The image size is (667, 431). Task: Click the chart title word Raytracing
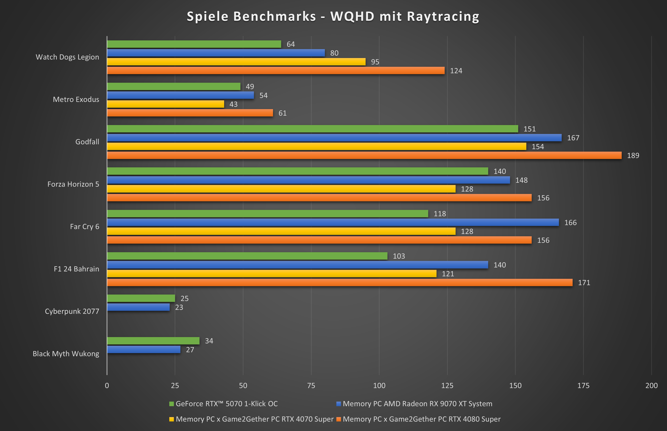tap(443, 16)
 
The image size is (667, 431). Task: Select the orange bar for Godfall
tap(364, 155)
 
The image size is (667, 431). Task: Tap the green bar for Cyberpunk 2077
tap(141, 298)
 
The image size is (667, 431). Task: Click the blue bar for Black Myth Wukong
tap(143, 350)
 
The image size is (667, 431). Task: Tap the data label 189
tap(633, 156)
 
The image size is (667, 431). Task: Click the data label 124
tap(456, 71)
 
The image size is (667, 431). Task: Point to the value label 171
tap(584, 283)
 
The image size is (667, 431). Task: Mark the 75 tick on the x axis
tap(311, 386)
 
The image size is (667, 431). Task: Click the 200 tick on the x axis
tap(651, 386)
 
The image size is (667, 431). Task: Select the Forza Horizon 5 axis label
tap(73, 184)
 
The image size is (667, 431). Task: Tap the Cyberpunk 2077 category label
tap(72, 311)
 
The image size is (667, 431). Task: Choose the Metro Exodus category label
tap(76, 99)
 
